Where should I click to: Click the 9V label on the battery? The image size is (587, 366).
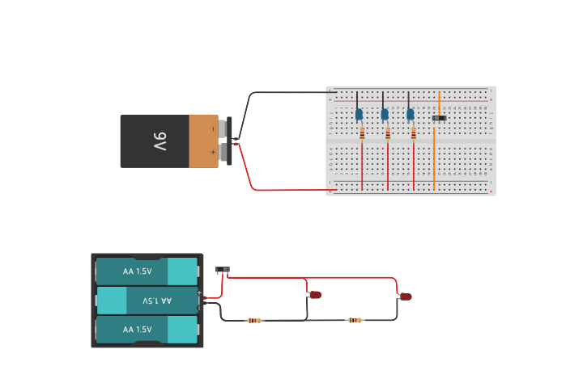(160, 142)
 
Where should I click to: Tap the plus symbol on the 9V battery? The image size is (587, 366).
(213, 152)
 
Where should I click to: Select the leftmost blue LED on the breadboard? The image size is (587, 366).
(359, 115)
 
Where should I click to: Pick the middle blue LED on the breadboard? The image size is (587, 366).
(385, 115)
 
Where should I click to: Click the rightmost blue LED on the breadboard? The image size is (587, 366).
(410, 115)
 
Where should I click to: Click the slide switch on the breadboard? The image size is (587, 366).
(439, 119)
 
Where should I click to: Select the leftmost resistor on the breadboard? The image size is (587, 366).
(362, 133)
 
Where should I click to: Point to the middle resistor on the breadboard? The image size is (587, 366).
(388, 133)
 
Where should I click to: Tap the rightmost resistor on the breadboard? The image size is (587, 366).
(414, 133)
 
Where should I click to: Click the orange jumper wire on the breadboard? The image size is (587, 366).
(435, 154)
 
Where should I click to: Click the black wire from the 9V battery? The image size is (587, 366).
(283, 92)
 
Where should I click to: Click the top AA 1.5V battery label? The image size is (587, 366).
(137, 271)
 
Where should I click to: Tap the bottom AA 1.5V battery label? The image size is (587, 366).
(137, 330)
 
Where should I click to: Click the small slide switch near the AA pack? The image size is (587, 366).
(223, 270)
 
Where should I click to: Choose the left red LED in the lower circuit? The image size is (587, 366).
(315, 295)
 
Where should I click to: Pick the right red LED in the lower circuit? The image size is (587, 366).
(406, 297)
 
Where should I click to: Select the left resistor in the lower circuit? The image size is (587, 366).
(254, 321)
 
